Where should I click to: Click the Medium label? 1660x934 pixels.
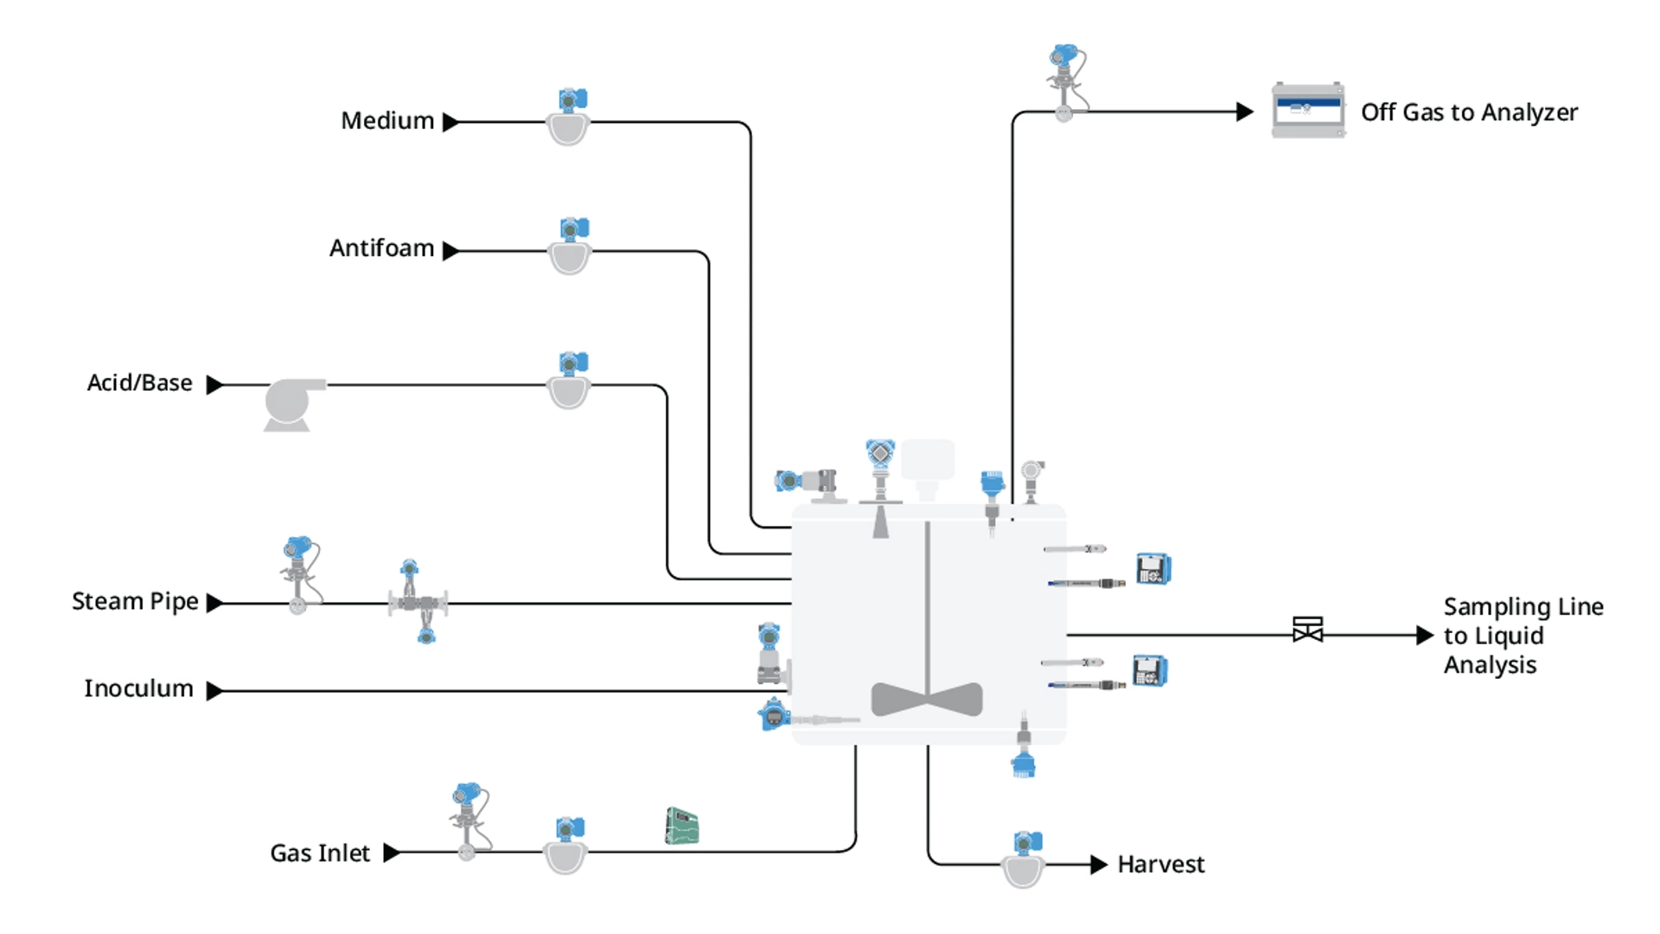(x=387, y=121)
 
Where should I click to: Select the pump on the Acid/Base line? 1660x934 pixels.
(x=292, y=403)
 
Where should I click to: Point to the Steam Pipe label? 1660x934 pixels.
(x=135, y=602)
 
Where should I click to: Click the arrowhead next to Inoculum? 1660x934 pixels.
(x=214, y=691)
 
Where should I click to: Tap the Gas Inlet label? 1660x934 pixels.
(x=320, y=854)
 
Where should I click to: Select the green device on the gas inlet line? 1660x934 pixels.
(x=681, y=826)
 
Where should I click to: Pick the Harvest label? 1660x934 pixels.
(x=1160, y=865)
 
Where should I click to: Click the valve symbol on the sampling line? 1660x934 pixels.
(x=1307, y=630)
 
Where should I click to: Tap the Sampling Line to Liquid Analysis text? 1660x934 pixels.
(x=1522, y=636)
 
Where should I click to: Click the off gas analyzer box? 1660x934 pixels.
(x=1307, y=111)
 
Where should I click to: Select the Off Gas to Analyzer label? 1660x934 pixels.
(x=1468, y=112)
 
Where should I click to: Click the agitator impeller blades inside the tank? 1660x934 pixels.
(x=927, y=699)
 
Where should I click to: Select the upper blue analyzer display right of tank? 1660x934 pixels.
(x=1153, y=569)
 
